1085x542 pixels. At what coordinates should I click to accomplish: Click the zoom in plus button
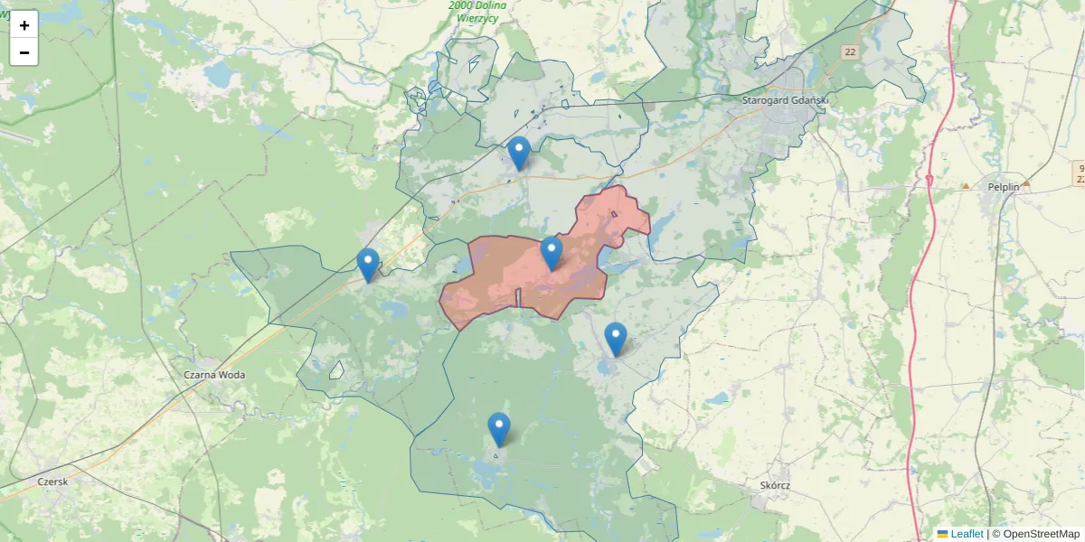pos(24,25)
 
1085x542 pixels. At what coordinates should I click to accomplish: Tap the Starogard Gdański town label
pos(784,100)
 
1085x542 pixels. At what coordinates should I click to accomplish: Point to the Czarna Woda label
pos(214,374)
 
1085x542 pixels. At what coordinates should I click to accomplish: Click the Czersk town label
pos(52,481)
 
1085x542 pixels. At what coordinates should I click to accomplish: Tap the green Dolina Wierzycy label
pos(478,11)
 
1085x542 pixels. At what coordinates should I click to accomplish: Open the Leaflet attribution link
pos(967,534)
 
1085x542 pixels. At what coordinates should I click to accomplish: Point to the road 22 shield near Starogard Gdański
pos(850,52)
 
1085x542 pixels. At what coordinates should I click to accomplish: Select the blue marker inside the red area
pos(552,253)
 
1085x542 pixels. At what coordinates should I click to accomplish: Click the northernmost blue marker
pos(518,154)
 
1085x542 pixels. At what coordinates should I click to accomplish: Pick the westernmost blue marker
pos(367,265)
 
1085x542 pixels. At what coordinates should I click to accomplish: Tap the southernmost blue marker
pos(498,429)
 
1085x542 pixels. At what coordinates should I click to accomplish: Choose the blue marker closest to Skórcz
pos(615,339)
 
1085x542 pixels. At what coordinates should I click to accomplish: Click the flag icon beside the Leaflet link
pos(942,534)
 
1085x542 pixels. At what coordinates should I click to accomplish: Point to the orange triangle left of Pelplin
pos(966,186)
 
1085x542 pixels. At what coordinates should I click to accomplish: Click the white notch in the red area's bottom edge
pos(518,298)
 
